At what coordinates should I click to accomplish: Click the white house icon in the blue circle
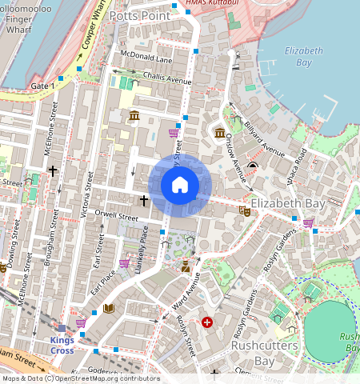point(180,186)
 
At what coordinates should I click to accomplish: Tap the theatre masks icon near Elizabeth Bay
point(242,210)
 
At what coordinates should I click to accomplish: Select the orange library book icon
point(109,308)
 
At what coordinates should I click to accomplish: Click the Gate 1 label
point(42,86)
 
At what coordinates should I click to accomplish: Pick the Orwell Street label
point(117,215)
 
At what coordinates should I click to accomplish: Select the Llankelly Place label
point(145,250)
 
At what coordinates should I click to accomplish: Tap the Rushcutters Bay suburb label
point(264,353)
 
